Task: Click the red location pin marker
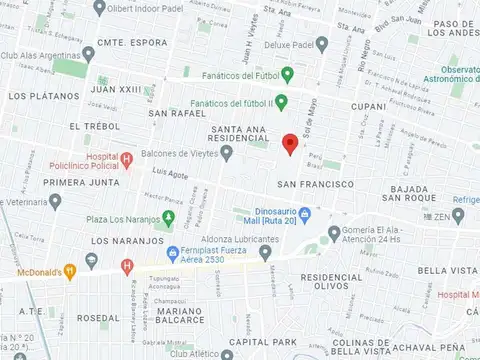(x=290, y=144)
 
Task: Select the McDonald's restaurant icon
(x=69, y=269)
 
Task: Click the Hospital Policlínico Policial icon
(x=126, y=159)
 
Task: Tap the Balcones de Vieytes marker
(x=227, y=153)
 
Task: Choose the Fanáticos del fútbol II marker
(x=281, y=101)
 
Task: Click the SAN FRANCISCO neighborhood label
(x=315, y=184)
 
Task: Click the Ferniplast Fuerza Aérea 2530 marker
(x=173, y=252)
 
